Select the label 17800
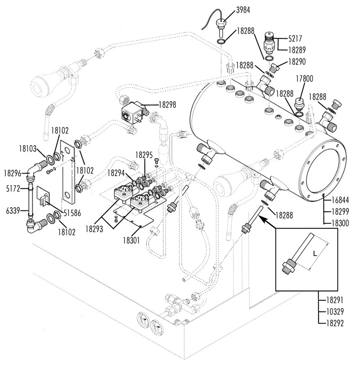304,78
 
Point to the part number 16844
341,200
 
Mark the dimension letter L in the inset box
315,254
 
